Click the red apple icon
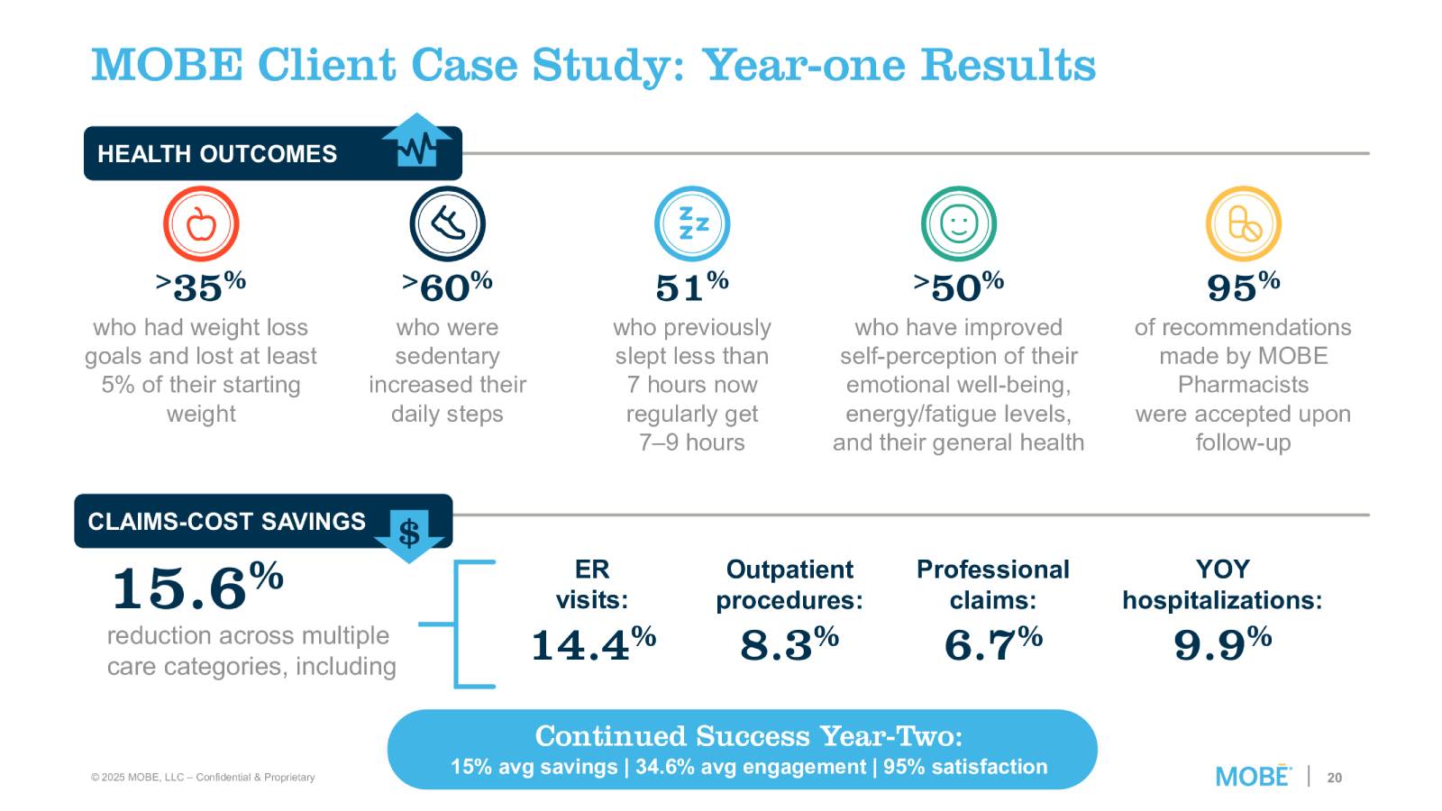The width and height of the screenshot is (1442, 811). pyautogui.click(x=201, y=223)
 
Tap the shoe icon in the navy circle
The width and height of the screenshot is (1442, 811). pyautogui.click(x=447, y=223)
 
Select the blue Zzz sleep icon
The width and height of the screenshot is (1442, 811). pyautogui.click(x=692, y=223)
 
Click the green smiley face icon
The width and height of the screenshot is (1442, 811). pyautogui.click(x=959, y=223)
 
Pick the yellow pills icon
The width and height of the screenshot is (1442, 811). pyautogui.click(x=1244, y=223)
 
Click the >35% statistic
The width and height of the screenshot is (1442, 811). pyautogui.click(x=201, y=287)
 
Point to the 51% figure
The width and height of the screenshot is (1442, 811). pyautogui.click(x=692, y=287)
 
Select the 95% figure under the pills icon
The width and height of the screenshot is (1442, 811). pyautogui.click(x=1244, y=287)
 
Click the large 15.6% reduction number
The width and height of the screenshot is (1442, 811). pyautogui.click(x=197, y=587)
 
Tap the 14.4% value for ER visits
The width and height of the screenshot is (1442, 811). pyautogui.click(x=593, y=643)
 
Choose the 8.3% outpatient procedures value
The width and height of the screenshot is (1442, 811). pyautogui.click(x=789, y=643)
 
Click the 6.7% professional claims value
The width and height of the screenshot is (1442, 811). pyautogui.click(x=993, y=643)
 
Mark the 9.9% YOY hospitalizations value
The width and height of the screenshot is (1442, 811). pyautogui.click(x=1222, y=643)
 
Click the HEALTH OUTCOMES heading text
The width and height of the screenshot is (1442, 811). pyautogui.click(x=217, y=154)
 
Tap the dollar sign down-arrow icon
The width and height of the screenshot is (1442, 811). pyautogui.click(x=409, y=533)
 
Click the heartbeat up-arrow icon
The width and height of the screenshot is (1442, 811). pyautogui.click(x=416, y=144)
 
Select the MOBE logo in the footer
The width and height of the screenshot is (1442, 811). pyautogui.click(x=1253, y=776)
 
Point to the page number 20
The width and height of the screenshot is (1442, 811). pyautogui.click(x=1335, y=777)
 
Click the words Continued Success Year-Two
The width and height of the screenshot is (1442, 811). pyautogui.click(x=748, y=736)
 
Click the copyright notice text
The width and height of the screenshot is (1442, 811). pyautogui.click(x=203, y=777)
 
